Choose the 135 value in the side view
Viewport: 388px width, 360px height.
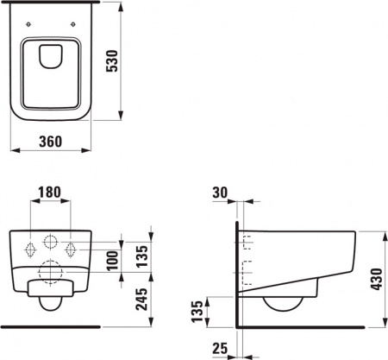pyautogui.click(x=197, y=312)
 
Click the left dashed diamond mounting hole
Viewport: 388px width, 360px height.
pyautogui.click(x=31, y=248)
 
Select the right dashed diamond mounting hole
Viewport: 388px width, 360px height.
pyautogui.click(x=72, y=248)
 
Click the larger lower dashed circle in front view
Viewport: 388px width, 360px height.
pyautogui.click(x=52, y=269)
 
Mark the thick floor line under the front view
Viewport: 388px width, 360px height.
pyautogui.click(x=52, y=327)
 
